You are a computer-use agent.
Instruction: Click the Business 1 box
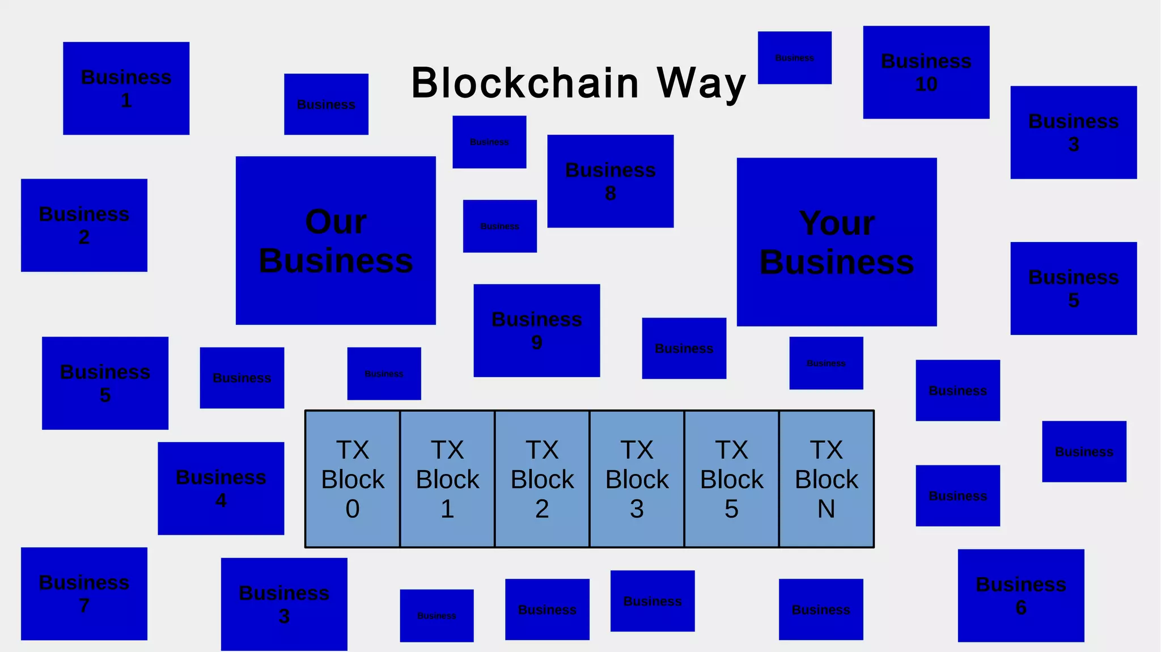pyautogui.click(x=126, y=88)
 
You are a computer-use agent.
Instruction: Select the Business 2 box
pyautogui.click(x=84, y=225)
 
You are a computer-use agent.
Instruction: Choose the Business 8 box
pyautogui.click(x=610, y=181)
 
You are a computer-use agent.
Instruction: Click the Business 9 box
pyautogui.click(x=536, y=330)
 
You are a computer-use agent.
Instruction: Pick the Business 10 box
pyautogui.click(x=926, y=72)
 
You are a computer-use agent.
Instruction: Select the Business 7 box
pyautogui.click(x=84, y=593)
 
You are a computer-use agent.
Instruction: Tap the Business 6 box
pyautogui.click(x=1020, y=595)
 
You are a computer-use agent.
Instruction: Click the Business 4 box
pyautogui.click(x=221, y=488)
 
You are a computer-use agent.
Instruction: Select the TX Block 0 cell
pyautogui.click(x=353, y=479)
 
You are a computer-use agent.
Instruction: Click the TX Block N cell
pyautogui.click(x=827, y=479)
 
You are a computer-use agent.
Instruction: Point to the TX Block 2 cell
pyautogui.click(x=542, y=479)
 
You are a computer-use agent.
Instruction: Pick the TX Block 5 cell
pyautogui.click(x=731, y=479)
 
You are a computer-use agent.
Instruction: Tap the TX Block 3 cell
pyautogui.click(x=637, y=479)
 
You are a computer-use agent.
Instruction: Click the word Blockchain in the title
pyautogui.click(x=525, y=83)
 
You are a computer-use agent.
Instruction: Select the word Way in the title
pyautogui.click(x=701, y=83)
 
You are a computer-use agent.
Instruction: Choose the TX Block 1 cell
pyautogui.click(x=447, y=479)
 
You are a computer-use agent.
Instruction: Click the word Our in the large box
pyautogui.click(x=336, y=222)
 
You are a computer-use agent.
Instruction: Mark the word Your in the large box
pyautogui.click(x=837, y=223)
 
